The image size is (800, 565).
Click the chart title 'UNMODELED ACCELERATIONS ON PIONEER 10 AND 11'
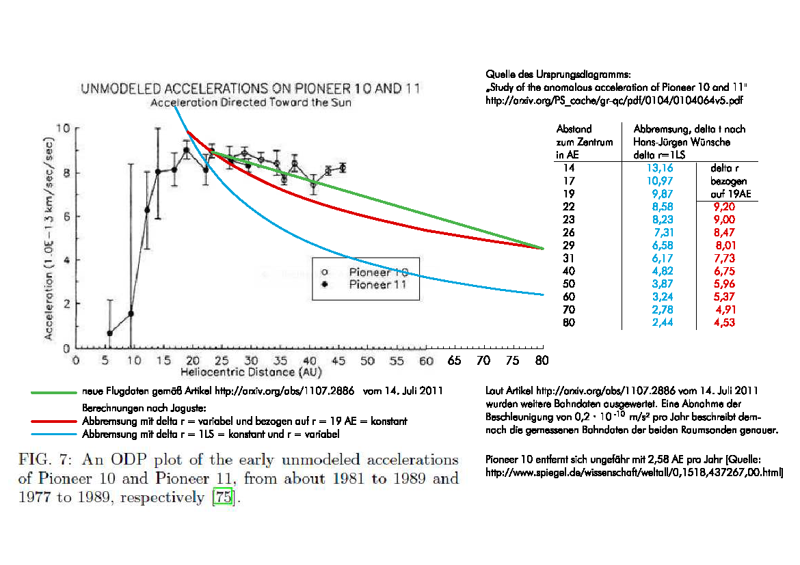click(x=250, y=89)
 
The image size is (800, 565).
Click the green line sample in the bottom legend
click(x=55, y=392)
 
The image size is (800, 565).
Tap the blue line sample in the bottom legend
click(x=55, y=434)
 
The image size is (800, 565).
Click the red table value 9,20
click(x=724, y=207)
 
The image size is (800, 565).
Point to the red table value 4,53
click(x=724, y=322)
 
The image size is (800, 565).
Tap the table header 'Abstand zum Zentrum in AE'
click(x=574, y=142)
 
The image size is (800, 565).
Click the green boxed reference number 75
click(x=224, y=498)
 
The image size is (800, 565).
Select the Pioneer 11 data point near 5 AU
click(x=110, y=333)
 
